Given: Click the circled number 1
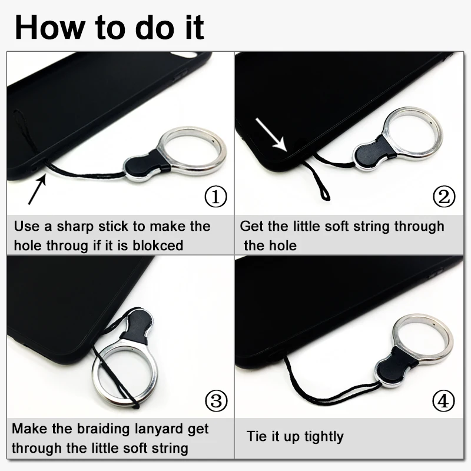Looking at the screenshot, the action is (x=215, y=197).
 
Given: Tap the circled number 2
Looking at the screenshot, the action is (x=444, y=197).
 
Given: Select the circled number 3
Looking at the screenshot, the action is (x=216, y=401).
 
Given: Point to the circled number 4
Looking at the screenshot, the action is (x=444, y=401).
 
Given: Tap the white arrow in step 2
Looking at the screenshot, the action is (x=271, y=135).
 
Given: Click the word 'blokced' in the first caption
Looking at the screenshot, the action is (x=158, y=246).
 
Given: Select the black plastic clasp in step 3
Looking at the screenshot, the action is (x=137, y=326).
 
